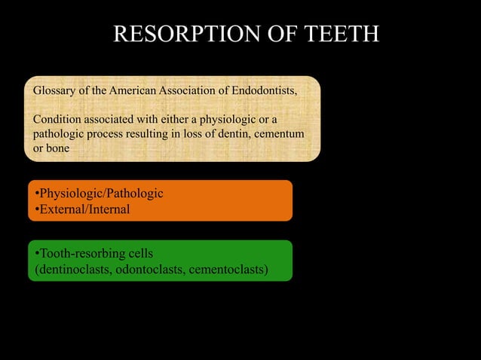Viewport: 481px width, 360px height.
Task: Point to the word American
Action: tap(136, 91)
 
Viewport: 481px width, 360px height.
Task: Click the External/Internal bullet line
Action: tap(81, 209)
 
